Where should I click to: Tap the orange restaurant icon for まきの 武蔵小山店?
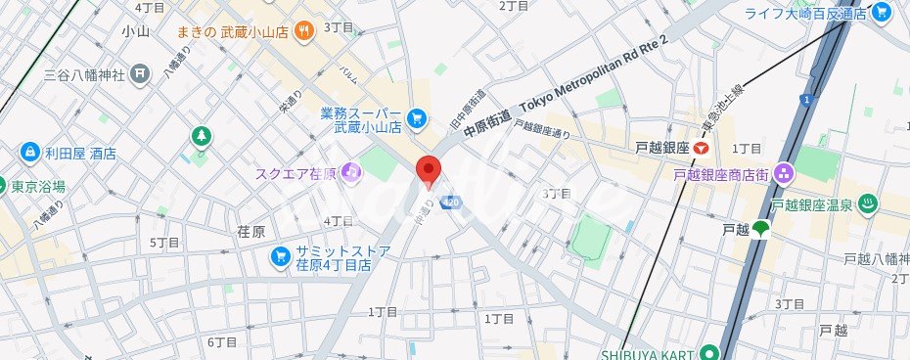tap(304, 30)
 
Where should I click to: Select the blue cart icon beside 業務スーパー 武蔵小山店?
tap(417, 118)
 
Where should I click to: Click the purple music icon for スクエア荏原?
tap(351, 172)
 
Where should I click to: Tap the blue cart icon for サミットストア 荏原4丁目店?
tap(280, 256)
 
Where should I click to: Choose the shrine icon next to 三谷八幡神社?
tap(141, 71)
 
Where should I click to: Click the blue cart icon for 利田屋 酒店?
tap(27, 154)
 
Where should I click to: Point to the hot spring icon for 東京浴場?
tap(3, 187)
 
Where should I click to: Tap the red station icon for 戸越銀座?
tap(701, 149)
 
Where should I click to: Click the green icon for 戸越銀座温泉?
tap(867, 204)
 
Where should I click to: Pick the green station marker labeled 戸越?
tap(761, 230)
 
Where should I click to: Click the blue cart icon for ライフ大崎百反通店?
tap(881, 13)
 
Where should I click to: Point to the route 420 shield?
tap(450, 202)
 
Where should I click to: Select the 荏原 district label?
tap(251, 232)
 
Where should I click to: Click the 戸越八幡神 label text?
tap(877, 259)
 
